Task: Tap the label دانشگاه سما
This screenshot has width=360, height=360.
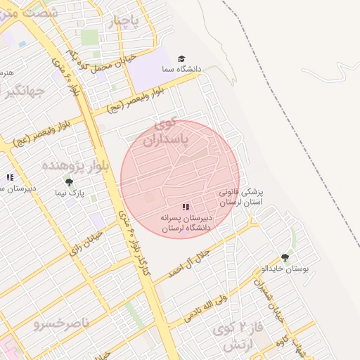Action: (182, 69)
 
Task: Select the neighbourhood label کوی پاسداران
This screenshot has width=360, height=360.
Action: (167, 134)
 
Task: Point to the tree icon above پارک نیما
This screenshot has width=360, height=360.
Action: (68, 182)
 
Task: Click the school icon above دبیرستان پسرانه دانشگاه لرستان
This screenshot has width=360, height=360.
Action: (186, 207)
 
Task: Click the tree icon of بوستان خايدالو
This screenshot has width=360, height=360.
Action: (285, 258)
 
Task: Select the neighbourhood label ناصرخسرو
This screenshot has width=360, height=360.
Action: (62, 323)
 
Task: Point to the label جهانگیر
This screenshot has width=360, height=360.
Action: (23, 91)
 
